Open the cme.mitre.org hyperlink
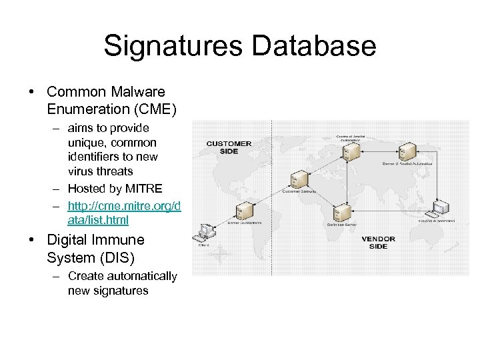(x=124, y=213)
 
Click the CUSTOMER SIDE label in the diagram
(x=229, y=147)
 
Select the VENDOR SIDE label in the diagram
(x=378, y=242)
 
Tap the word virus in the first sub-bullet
(x=82, y=171)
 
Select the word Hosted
(x=87, y=189)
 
